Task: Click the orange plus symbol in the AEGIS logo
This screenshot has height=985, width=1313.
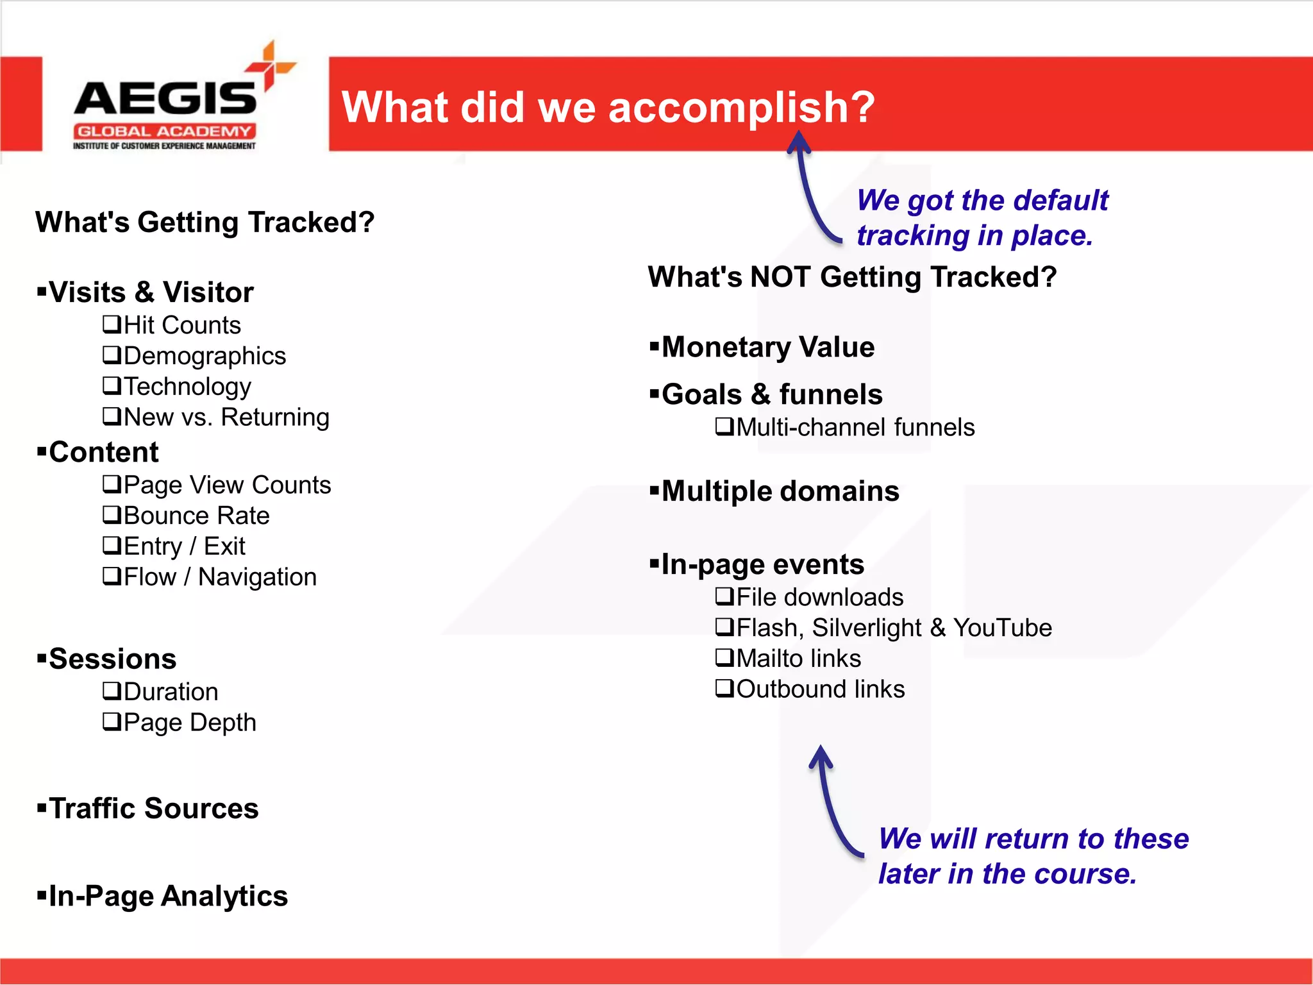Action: coord(271,65)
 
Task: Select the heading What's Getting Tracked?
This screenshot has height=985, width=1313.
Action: coord(205,223)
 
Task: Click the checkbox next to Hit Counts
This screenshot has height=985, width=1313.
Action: coord(112,324)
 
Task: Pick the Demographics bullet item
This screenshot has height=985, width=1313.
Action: coord(204,356)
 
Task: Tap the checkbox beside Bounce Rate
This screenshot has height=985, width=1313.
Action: coord(112,515)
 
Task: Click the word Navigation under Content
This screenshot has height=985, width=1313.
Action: coord(257,577)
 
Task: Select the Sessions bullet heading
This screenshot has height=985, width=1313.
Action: coord(112,659)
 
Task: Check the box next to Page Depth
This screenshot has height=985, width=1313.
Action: coord(112,722)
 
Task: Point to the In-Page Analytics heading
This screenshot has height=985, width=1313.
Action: coord(168,897)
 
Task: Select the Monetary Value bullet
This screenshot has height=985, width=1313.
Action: coord(767,348)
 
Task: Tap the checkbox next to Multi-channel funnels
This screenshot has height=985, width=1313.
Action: coord(724,426)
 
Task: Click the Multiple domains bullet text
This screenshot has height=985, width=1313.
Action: coord(780,492)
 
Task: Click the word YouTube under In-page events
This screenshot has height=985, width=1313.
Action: coord(1002,628)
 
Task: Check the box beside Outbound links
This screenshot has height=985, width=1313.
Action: coord(724,689)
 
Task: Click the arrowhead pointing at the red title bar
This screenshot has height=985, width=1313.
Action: coord(799,140)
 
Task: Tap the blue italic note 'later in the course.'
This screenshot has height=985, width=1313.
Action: coord(1007,874)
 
